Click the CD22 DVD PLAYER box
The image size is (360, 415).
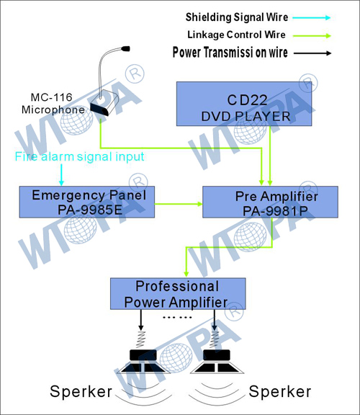coord(244,104)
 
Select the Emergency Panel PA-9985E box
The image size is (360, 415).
coord(87,202)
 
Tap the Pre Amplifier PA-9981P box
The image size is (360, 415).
coord(270,202)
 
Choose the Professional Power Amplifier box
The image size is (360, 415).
coord(178,294)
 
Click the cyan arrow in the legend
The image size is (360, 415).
coord(312,18)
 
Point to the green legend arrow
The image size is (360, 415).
coord(312,36)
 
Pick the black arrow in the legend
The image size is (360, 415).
coord(312,53)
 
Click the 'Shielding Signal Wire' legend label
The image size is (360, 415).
coord(237,17)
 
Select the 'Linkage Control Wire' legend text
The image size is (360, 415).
coord(236,35)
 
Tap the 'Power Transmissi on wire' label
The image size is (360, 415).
coord(230,52)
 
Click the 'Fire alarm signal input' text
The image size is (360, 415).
coord(79,156)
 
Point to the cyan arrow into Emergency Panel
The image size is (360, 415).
coord(61,175)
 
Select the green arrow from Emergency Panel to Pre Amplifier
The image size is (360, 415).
coord(179,204)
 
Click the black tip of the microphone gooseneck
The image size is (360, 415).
coord(125,49)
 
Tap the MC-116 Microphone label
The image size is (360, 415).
coord(53,104)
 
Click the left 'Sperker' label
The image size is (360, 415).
coord(81,391)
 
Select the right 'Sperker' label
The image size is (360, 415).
coord(280,391)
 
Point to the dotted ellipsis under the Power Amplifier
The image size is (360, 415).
coord(177,317)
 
